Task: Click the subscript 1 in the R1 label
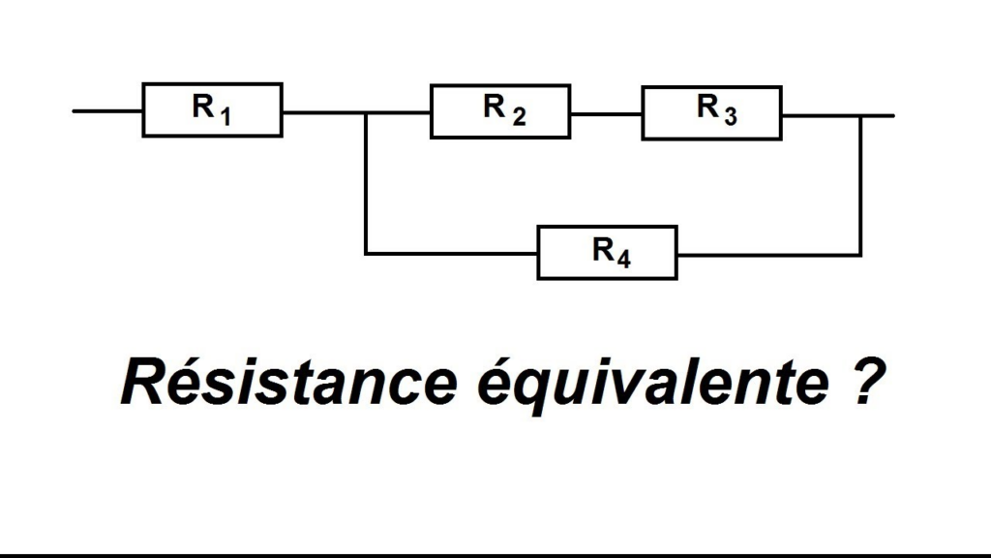[225, 116]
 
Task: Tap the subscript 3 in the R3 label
[731, 116]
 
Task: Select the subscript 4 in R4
[624, 259]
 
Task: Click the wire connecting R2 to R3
[607, 114]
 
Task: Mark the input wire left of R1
[107, 111]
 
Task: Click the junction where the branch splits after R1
[365, 113]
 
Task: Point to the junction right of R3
[860, 116]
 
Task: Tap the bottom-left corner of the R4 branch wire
[365, 254]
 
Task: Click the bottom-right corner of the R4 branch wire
[860, 255]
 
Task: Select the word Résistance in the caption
[288, 382]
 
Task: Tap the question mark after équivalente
[866, 382]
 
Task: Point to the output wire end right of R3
[893, 116]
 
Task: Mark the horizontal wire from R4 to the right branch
[769, 255]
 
